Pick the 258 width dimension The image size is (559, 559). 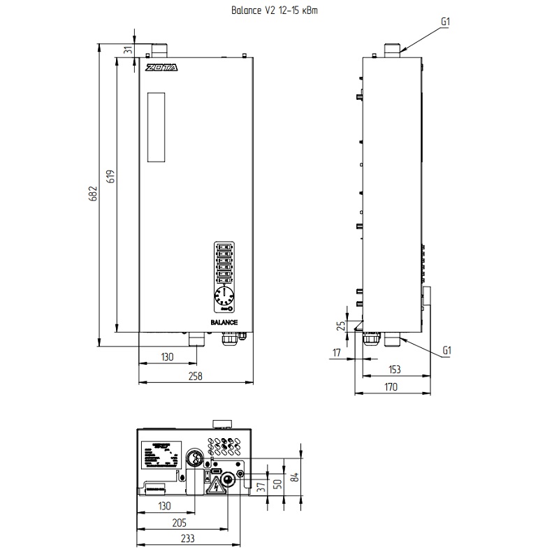196,376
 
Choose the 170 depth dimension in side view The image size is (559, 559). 391,386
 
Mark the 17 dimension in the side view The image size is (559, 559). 336,353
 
